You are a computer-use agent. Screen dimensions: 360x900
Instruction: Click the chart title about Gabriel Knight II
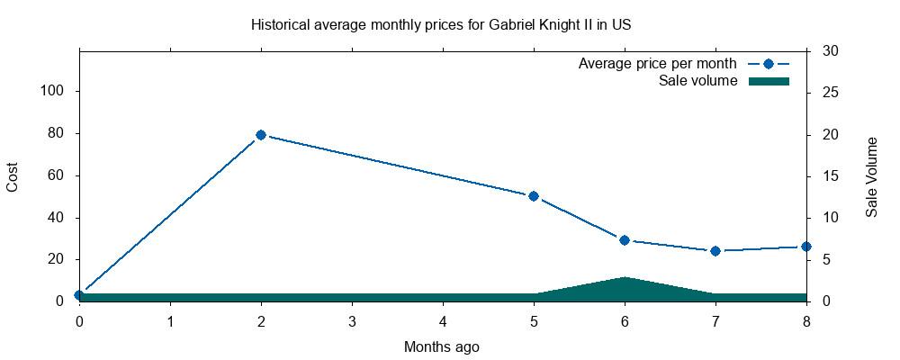441,25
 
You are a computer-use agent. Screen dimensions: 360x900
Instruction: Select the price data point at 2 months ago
261,135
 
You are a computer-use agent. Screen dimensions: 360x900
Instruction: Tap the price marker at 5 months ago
534,196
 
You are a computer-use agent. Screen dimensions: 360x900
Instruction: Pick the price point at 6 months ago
625,240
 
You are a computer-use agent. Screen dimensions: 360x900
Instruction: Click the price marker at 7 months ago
715,251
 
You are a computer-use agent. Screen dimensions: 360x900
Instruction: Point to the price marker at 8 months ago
806,247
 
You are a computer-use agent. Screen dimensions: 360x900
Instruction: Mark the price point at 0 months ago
79,295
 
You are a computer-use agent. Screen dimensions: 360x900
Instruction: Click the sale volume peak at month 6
625,278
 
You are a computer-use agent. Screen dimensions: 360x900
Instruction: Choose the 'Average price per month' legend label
658,64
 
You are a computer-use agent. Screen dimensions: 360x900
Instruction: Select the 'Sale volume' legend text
698,81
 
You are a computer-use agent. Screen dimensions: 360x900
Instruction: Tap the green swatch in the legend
769,81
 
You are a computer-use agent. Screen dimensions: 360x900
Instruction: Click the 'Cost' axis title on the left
13,176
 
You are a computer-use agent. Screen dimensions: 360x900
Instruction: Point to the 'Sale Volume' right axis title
871,176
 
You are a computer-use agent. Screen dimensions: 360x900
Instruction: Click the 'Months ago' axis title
442,346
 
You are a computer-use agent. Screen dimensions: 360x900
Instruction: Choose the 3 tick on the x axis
352,321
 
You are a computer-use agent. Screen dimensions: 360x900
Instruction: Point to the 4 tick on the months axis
443,321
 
